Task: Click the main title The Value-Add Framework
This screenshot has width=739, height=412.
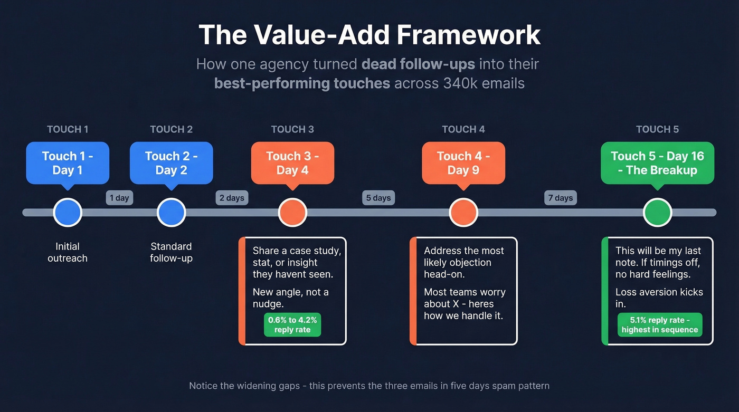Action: tap(369, 35)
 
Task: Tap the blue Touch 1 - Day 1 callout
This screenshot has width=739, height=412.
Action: tap(68, 163)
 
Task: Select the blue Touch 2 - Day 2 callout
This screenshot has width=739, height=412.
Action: tap(171, 163)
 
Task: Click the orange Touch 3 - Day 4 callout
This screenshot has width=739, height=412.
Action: tap(292, 163)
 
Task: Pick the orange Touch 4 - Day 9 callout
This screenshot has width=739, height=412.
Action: tap(463, 163)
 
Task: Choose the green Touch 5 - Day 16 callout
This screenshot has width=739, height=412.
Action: tap(657, 163)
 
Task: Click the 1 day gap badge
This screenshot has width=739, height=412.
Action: tap(119, 198)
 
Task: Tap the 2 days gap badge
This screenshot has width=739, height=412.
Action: tap(232, 198)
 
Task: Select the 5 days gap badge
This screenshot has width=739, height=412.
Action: tap(378, 198)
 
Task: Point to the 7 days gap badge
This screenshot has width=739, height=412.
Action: tap(561, 198)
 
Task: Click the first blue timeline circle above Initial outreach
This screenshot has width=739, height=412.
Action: tap(68, 213)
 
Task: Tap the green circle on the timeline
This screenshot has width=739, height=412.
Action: tap(657, 213)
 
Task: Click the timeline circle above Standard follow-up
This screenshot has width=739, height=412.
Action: tap(171, 213)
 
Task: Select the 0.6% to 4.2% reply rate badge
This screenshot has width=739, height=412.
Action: tap(292, 324)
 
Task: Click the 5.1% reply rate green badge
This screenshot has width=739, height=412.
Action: tap(660, 324)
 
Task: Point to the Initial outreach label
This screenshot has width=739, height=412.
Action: tap(68, 252)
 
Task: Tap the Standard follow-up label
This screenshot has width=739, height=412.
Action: tap(171, 252)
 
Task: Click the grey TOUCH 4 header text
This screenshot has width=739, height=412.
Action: tap(463, 129)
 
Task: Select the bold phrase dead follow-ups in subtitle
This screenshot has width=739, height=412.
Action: tap(418, 64)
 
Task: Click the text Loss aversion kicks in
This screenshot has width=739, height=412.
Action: tap(659, 298)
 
